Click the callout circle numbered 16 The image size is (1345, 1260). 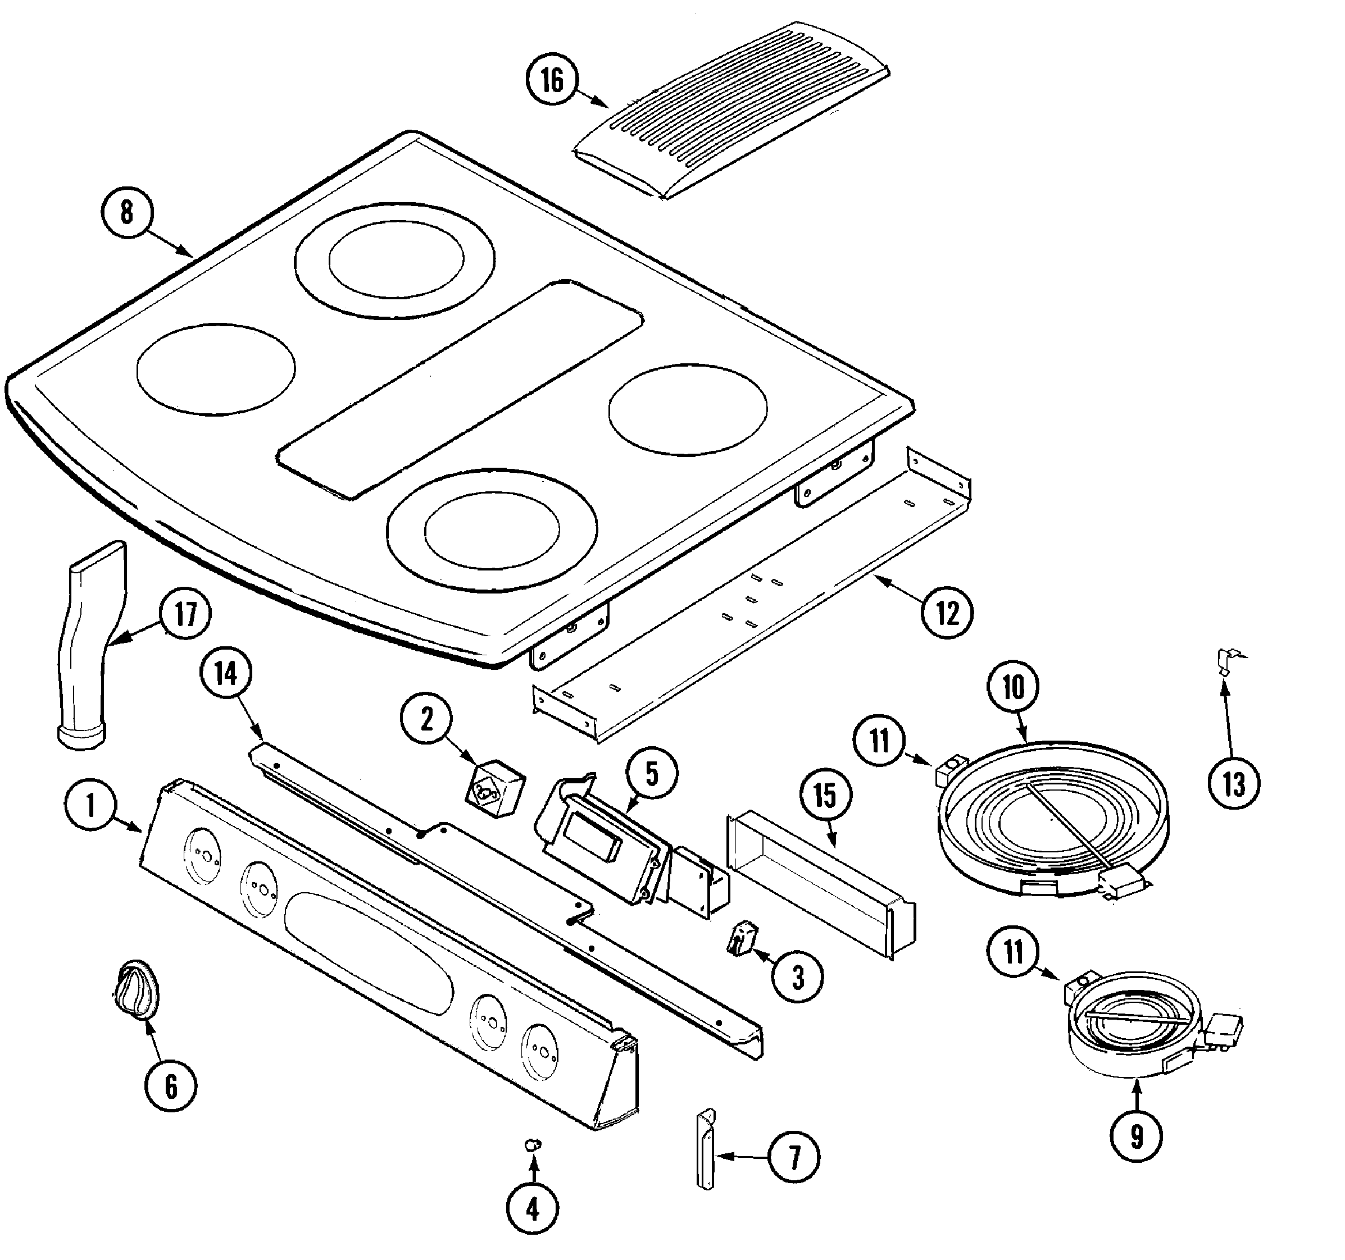click(x=552, y=80)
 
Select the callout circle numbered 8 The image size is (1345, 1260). click(x=127, y=212)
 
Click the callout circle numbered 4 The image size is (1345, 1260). click(x=533, y=1208)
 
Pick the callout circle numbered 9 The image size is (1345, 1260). click(x=1137, y=1136)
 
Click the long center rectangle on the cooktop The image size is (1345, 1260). click(x=460, y=389)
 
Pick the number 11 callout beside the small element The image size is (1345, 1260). click(x=1013, y=952)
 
